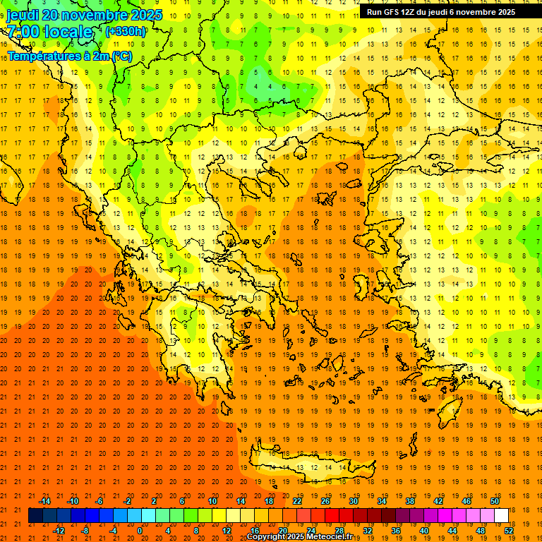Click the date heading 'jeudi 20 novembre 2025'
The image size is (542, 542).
coord(84,15)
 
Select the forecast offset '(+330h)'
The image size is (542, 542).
coord(126,31)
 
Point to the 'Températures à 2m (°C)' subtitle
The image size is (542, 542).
coord(69,56)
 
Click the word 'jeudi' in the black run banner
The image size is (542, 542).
coord(449,12)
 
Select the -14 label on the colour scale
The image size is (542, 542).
coord(44,501)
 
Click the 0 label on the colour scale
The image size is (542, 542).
coord(140,530)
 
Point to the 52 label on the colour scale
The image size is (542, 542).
coord(508,530)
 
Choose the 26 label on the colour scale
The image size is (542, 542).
coord(325,501)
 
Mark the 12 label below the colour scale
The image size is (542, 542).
coord(227,530)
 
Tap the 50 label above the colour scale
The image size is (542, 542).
coord(494,501)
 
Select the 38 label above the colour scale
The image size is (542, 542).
coord(409,501)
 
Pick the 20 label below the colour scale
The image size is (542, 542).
coord(283,530)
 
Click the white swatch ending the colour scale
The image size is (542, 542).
coord(501,515)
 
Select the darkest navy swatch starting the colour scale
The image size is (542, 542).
coord(35,515)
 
